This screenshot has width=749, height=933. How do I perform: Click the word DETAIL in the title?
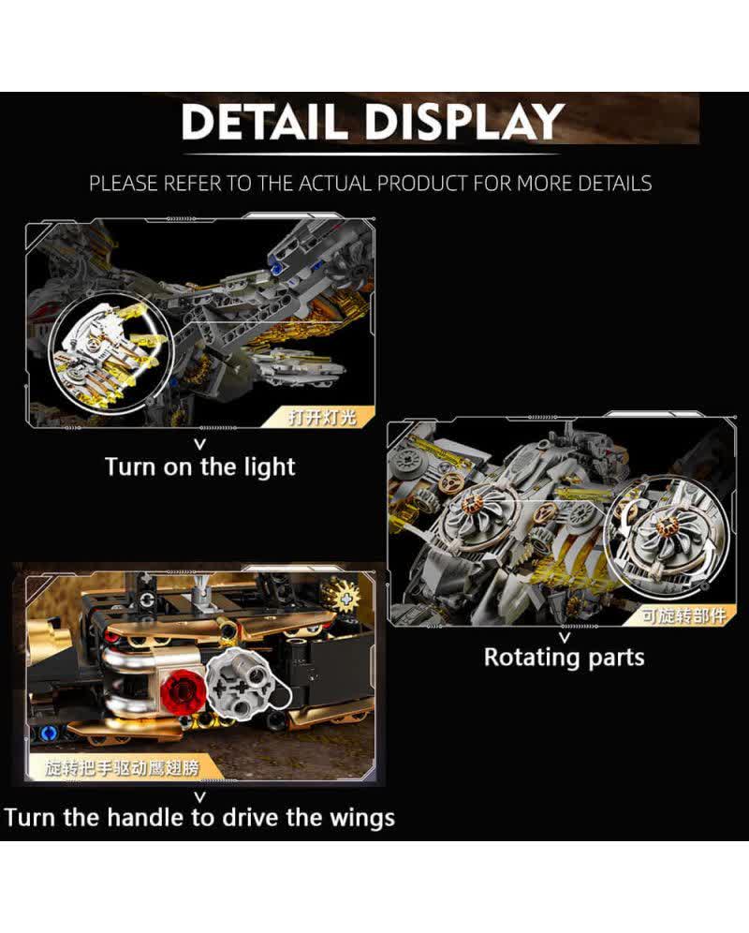click(264, 122)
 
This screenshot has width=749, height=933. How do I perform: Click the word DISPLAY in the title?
click(464, 122)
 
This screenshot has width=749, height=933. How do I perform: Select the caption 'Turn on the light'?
click(200, 467)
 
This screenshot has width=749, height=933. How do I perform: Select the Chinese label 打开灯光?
click(322, 417)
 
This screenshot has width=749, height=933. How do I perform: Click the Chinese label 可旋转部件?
click(683, 615)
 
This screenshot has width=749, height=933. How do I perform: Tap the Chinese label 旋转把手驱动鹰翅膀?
click(122, 768)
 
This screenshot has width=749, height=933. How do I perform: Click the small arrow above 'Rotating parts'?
click(565, 637)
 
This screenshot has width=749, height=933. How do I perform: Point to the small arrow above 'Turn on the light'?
click(200, 444)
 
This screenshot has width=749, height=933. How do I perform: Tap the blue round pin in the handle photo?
click(50, 733)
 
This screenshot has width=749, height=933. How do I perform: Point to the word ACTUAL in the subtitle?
click(337, 184)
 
